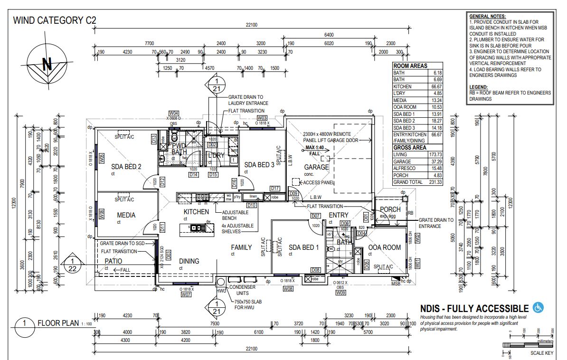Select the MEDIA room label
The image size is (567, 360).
126,215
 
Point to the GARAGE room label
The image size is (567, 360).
316,167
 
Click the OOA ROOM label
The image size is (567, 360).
385,247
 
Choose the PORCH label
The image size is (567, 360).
390,209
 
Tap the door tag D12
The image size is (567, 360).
162,180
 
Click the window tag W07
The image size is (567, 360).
186,295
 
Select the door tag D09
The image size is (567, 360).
294,193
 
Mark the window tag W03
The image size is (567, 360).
262,117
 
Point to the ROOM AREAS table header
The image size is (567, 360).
410,66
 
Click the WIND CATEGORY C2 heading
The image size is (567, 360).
55,20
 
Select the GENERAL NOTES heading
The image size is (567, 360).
488,16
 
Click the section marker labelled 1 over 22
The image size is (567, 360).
72,264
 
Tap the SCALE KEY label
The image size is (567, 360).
541,353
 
